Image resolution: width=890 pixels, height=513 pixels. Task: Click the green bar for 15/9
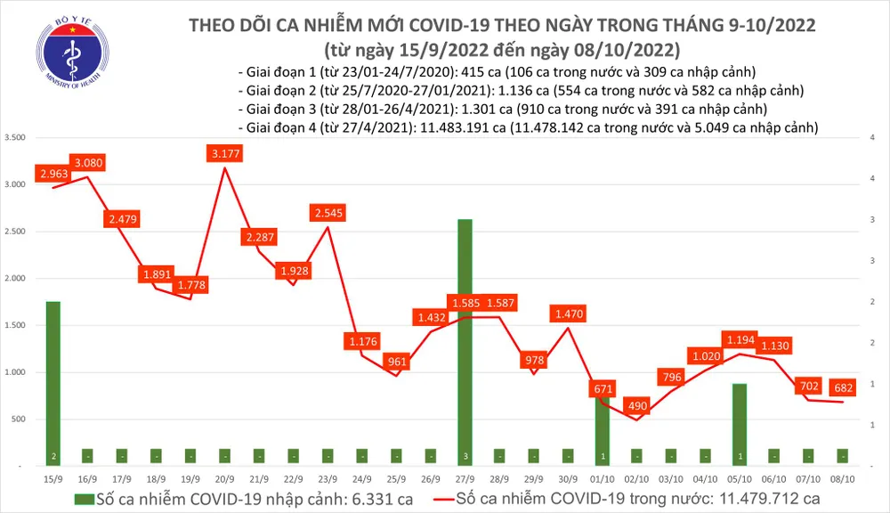coord(53,383)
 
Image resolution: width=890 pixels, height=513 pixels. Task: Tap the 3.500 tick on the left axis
coord(15,138)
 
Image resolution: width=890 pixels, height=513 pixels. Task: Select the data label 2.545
coord(329,213)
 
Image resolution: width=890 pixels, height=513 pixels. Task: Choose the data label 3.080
coord(88,162)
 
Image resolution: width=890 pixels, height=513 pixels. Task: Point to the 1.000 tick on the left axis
coord(15,372)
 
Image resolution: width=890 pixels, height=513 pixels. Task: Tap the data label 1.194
coord(739,340)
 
